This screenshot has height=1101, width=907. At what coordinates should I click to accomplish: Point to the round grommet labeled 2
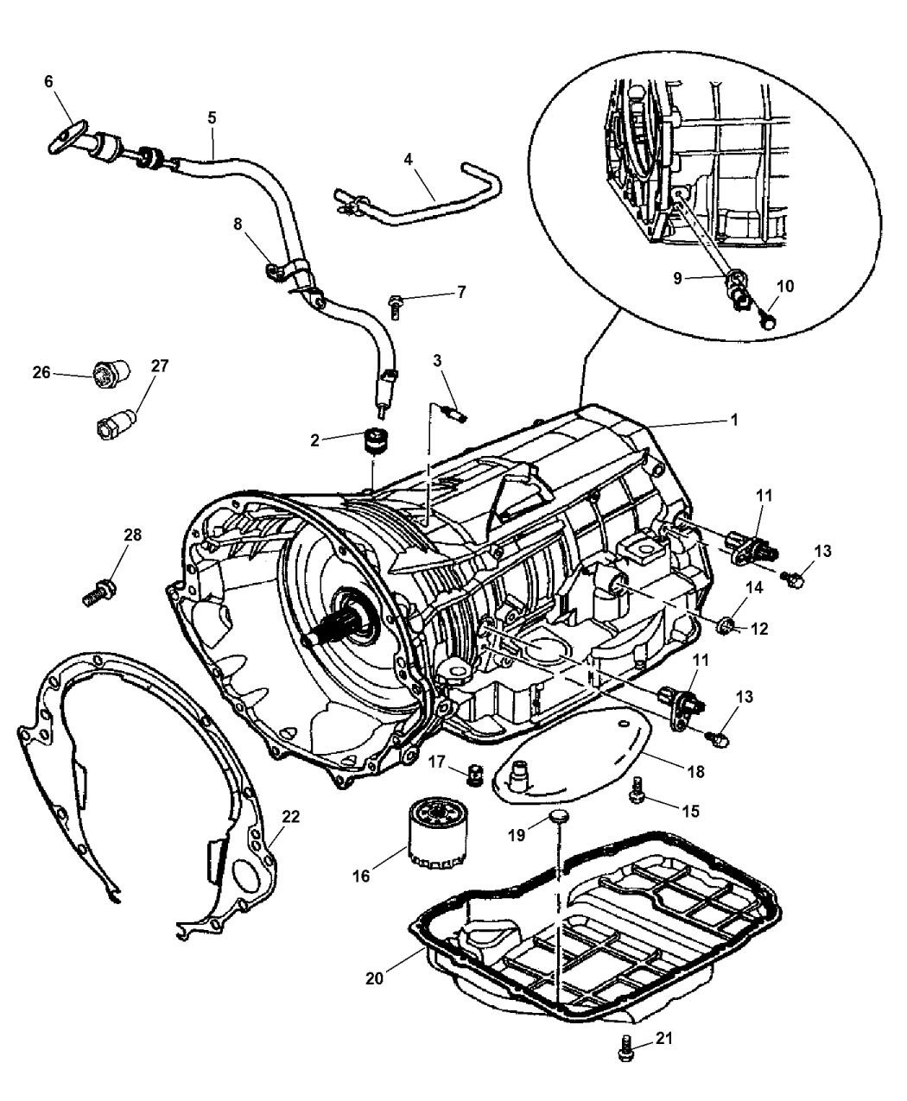pos(374,440)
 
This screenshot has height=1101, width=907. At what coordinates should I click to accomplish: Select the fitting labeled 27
pos(113,424)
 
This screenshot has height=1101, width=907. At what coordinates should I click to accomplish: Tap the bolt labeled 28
pos(95,593)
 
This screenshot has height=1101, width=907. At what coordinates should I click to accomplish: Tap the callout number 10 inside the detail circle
pos(785,286)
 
